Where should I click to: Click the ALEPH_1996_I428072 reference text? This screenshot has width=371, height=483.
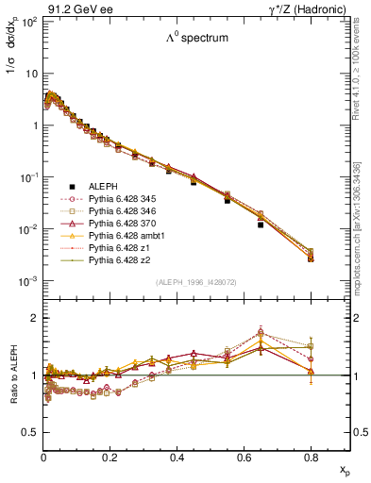click(x=196, y=283)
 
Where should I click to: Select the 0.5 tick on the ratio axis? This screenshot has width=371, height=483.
click(x=30, y=432)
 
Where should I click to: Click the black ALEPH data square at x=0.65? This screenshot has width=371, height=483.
click(x=261, y=225)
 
